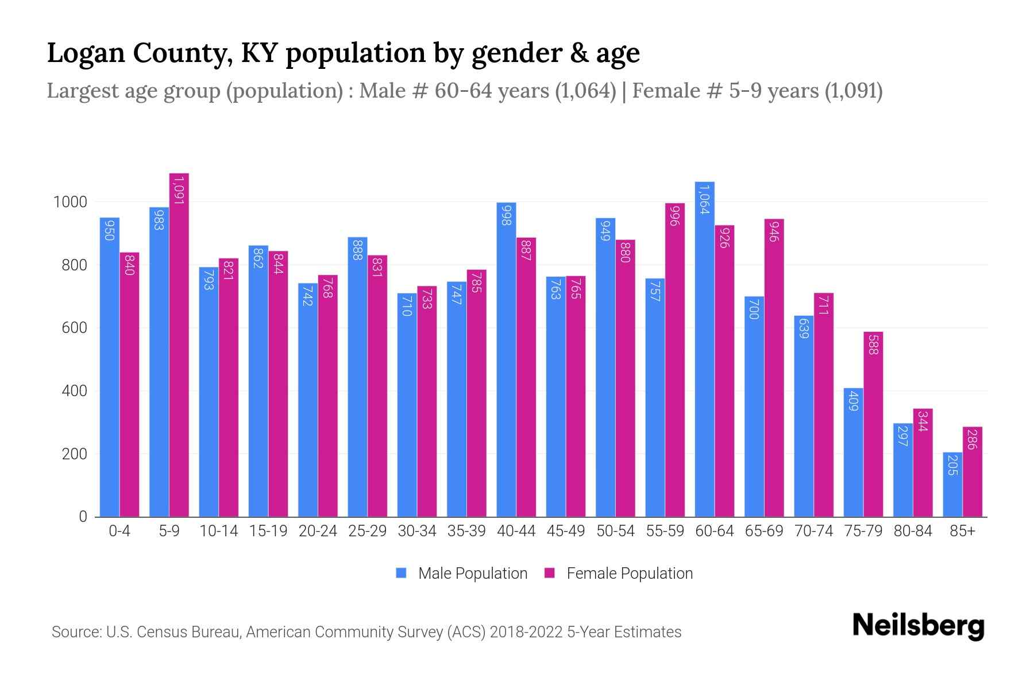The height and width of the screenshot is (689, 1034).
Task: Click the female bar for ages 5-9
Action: (x=179, y=344)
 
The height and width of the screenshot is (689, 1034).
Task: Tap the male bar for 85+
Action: (x=952, y=485)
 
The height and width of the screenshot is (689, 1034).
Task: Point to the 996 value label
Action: (x=675, y=215)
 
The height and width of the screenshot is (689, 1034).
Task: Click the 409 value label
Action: (x=853, y=400)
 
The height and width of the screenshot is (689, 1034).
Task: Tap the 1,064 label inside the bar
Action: (x=704, y=199)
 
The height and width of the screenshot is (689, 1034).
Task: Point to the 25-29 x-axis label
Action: (x=367, y=531)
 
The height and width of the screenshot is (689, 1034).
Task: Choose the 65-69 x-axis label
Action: (x=764, y=531)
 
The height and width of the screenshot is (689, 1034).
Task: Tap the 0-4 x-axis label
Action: (x=119, y=531)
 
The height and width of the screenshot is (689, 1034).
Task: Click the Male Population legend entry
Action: (x=472, y=574)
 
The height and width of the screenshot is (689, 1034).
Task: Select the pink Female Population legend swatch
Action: (x=550, y=573)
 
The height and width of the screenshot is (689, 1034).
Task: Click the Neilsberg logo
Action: (x=918, y=626)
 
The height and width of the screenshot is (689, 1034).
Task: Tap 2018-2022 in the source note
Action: (x=526, y=632)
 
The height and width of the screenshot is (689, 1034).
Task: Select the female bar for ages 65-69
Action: (x=774, y=367)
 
